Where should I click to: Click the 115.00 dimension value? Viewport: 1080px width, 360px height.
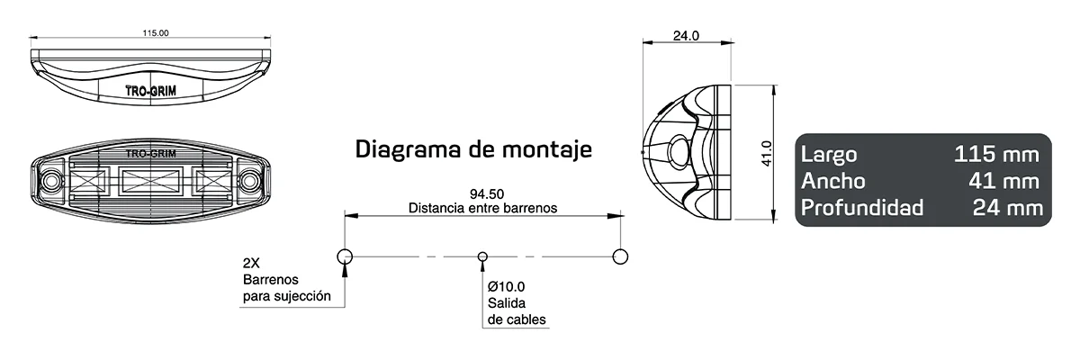click(x=156, y=33)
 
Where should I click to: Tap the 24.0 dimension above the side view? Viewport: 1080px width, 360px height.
click(x=686, y=36)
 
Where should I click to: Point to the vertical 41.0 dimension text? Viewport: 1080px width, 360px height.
click(x=766, y=152)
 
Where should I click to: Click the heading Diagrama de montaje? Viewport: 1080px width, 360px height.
click(x=473, y=148)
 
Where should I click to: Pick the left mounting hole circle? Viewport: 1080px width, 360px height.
click(x=345, y=256)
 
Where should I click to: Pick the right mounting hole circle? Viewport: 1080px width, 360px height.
click(x=619, y=256)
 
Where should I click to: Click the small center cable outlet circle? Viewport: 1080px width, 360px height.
click(x=482, y=256)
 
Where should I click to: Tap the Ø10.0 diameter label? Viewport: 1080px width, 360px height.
click(x=507, y=285)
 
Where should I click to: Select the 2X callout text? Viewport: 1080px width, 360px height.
click(x=252, y=264)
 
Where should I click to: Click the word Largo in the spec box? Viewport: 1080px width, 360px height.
click(x=828, y=155)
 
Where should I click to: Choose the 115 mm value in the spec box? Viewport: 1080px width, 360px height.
click(x=996, y=155)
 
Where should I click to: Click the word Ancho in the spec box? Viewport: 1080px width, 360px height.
click(x=832, y=182)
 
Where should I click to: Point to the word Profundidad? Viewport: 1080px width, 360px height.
click(x=861, y=209)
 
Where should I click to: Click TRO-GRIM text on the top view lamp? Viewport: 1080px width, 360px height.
click(x=150, y=91)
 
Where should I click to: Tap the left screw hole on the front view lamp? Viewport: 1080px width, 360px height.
click(x=50, y=180)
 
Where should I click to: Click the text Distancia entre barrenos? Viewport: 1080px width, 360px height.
click(x=482, y=207)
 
